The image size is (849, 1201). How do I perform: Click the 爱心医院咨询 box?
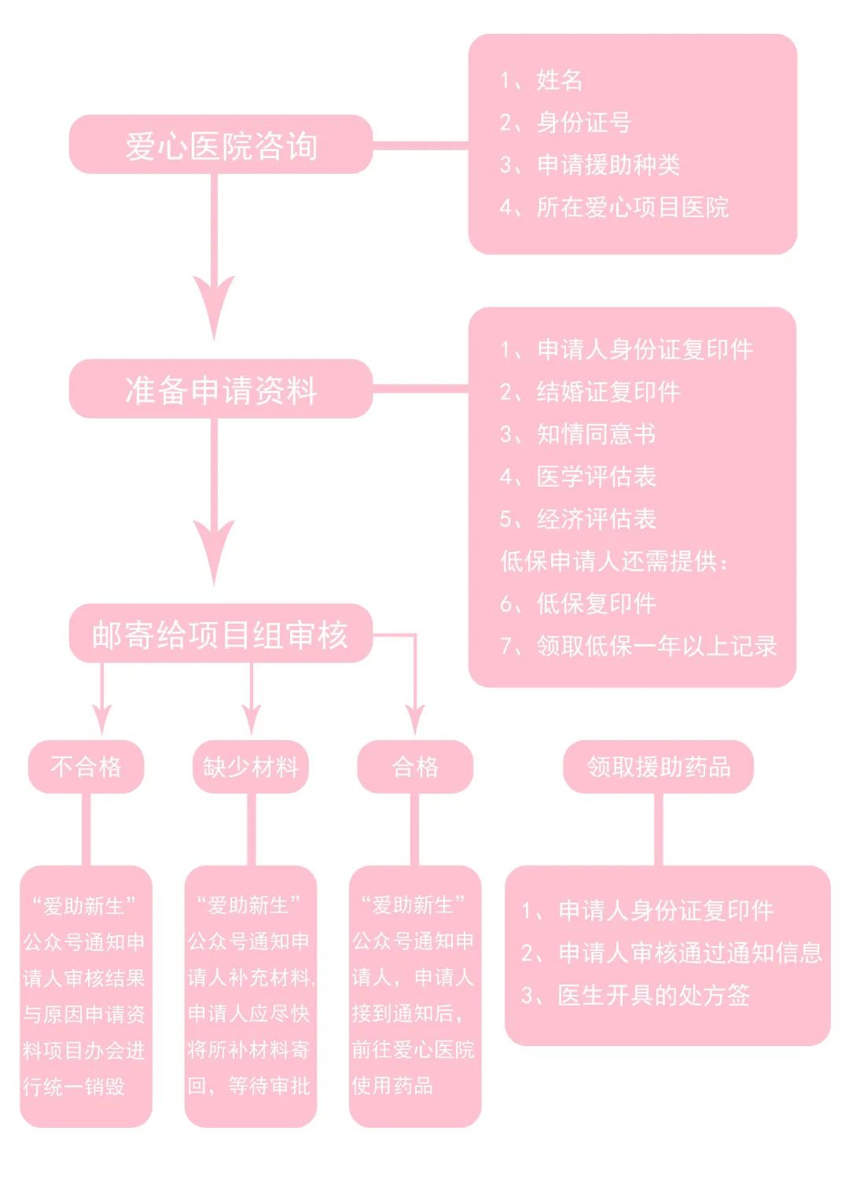click(221, 146)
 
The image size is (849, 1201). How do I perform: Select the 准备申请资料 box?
click(221, 390)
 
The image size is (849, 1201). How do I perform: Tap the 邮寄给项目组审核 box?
click(221, 635)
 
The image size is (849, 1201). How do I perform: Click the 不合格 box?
click(86, 766)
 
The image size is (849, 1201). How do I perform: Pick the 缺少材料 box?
click(251, 766)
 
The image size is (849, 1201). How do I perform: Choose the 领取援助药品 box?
click(659, 766)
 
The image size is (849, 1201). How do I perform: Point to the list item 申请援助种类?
click(608, 164)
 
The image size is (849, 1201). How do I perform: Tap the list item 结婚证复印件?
click(608, 392)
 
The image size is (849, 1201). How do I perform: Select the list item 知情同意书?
click(596, 434)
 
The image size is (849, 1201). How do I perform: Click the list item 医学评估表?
click(596, 477)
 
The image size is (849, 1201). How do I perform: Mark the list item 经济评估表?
click(596, 519)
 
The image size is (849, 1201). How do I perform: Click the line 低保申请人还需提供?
click(615, 562)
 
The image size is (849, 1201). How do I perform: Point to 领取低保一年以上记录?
click(656, 647)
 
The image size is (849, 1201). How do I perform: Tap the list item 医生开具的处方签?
click(653, 996)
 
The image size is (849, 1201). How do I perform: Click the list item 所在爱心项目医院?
click(632, 208)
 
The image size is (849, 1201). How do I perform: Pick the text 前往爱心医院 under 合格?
click(413, 1050)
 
